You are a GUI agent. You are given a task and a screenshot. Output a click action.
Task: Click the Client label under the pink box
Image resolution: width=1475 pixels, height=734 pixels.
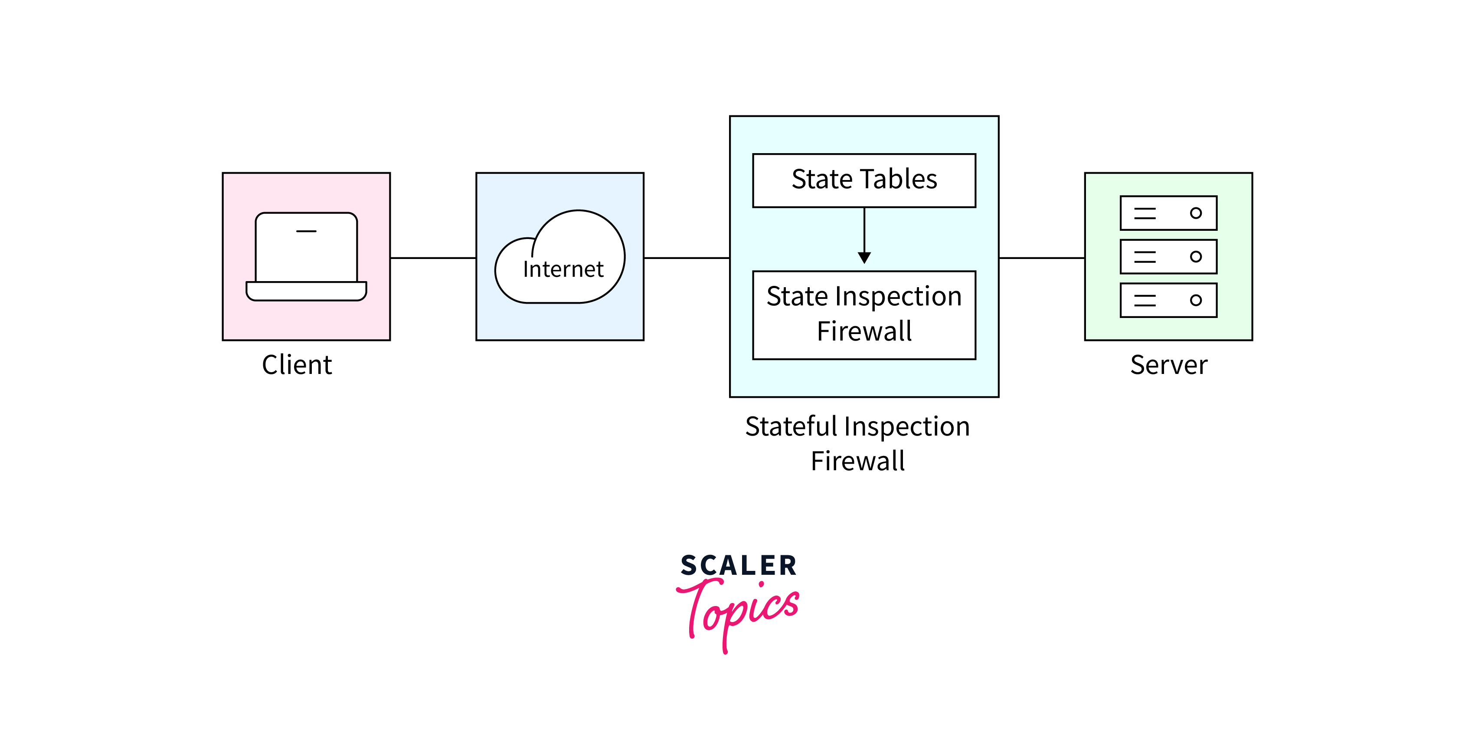[x=297, y=365]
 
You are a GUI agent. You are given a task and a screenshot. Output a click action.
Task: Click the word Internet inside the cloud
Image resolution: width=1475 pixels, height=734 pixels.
[x=563, y=269]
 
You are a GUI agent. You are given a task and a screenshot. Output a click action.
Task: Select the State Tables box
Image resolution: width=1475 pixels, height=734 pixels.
[x=863, y=180]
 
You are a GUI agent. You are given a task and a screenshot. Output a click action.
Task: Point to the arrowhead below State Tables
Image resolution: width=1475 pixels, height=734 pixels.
[x=864, y=258]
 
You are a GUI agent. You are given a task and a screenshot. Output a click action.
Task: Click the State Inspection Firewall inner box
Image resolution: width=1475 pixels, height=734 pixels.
[x=863, y=315]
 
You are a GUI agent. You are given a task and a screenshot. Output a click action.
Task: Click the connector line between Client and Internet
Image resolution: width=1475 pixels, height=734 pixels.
[x=433, y=258]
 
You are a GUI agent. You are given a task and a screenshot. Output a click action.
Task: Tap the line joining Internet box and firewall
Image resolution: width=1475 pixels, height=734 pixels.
[x=686, y=258]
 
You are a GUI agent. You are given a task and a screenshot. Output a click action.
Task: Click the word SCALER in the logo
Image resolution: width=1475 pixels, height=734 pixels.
[x=738, y=566]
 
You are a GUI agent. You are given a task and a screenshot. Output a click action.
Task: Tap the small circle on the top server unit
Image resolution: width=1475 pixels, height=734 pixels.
[x=1196, y=213]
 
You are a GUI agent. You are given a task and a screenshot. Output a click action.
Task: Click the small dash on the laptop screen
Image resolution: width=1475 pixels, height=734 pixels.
[x=306, y=231]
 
